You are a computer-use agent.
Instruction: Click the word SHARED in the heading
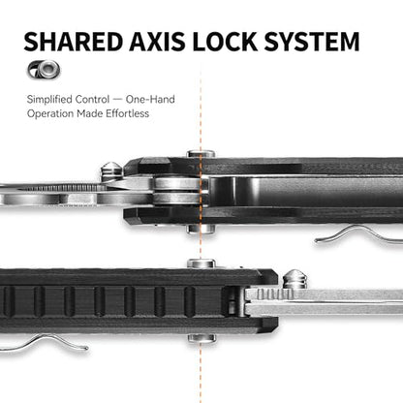pyautogui.click(x=74, y=42)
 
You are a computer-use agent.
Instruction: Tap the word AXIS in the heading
pyautogui.click(x=157, y=42)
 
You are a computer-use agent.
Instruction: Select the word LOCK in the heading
pyautogui.click(x=225, y=42)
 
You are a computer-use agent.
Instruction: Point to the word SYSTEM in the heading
pyautogui.click(x=312, y=42)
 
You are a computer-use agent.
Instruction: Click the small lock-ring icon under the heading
pyautogui.click(x=44, y=69)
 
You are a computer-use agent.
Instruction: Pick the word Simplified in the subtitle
pyautogui.click(x=49, y=100)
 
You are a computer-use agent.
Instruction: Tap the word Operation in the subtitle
pyautogui.click(x=50, y=114)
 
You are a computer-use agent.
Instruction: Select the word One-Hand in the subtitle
pyautogui.click(x=150, y=99)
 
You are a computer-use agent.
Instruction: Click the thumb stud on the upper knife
pyautogui.click(x=111, y=170)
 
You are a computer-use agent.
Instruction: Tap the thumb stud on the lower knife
pyautogui.click(x=294, y=278)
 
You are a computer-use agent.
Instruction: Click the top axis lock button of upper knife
pyautogui.click(x=201, y=154)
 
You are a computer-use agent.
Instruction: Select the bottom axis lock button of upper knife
pyautogui.click(x=201, y=229)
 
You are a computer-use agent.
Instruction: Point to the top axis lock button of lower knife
pyautogui.click(x=201, y=263)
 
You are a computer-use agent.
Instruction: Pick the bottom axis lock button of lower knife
pyautogui.click(x=201, y=338)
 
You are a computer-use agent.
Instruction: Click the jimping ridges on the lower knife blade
pyautogui.click(x=275, y=294)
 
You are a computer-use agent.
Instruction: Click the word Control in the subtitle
pyautogui.click(x=92, y=99)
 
